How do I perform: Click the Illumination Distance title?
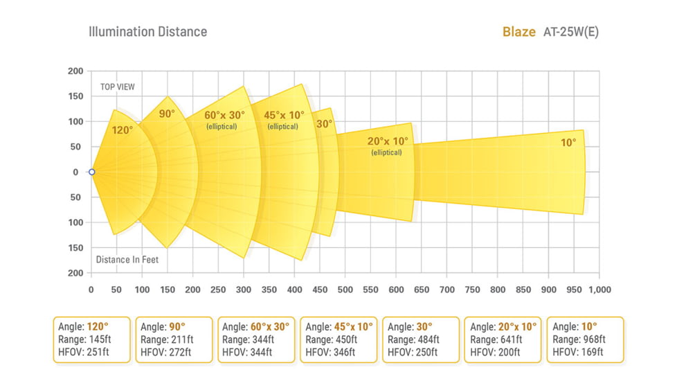click(147, 32)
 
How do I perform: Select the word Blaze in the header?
click(518, 33)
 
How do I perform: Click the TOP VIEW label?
click(118, 87)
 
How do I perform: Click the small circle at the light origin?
click(91, 172)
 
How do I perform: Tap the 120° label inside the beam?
click(123, 129)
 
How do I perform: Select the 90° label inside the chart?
click(167, 114)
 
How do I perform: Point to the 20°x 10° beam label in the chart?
click(388, 141)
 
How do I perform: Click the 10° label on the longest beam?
click(568, 143)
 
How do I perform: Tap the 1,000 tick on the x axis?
click(599, 290)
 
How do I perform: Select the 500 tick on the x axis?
click(345, 290)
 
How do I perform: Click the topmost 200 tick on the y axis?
click(75, 71)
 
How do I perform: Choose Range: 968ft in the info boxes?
click(579, 339)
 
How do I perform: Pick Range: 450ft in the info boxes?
click(332, 339)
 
